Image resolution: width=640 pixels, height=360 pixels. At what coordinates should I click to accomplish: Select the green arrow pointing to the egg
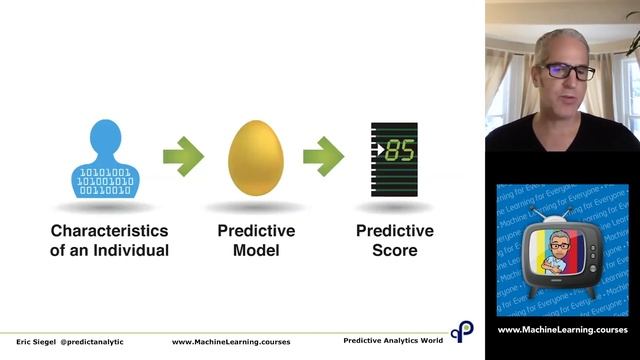point(183,156)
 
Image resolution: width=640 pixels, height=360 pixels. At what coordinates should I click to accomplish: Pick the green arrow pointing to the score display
point(323,156)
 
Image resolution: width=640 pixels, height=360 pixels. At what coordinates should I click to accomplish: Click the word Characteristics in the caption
point(105,231)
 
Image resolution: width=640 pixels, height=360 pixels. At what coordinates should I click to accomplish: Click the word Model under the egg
point(255,250)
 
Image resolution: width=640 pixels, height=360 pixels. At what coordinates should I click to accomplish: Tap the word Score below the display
point(395,250)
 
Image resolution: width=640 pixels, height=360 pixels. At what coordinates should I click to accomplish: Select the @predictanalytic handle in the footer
point(92,341)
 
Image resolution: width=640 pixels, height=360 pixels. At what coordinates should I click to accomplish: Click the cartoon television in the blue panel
point(562,250)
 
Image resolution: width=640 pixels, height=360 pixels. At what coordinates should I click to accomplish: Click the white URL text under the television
point(562,330)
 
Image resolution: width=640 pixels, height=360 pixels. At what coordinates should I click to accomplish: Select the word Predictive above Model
point(255,231)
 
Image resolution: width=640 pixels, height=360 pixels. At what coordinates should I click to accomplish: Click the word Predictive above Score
point(395,231)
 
